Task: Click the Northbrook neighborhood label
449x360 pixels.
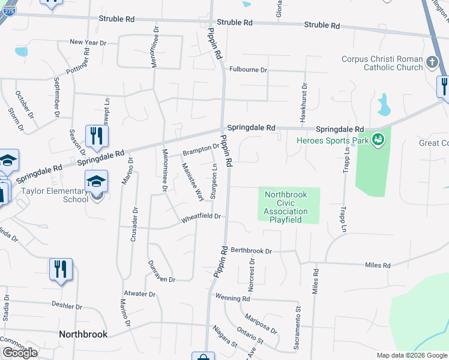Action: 83,334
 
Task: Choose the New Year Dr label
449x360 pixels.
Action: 88,43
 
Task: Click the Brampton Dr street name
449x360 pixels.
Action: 201,148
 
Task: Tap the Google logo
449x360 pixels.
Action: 20,353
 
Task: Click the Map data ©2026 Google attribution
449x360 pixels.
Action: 412,355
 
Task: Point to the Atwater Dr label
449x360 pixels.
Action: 140,295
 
